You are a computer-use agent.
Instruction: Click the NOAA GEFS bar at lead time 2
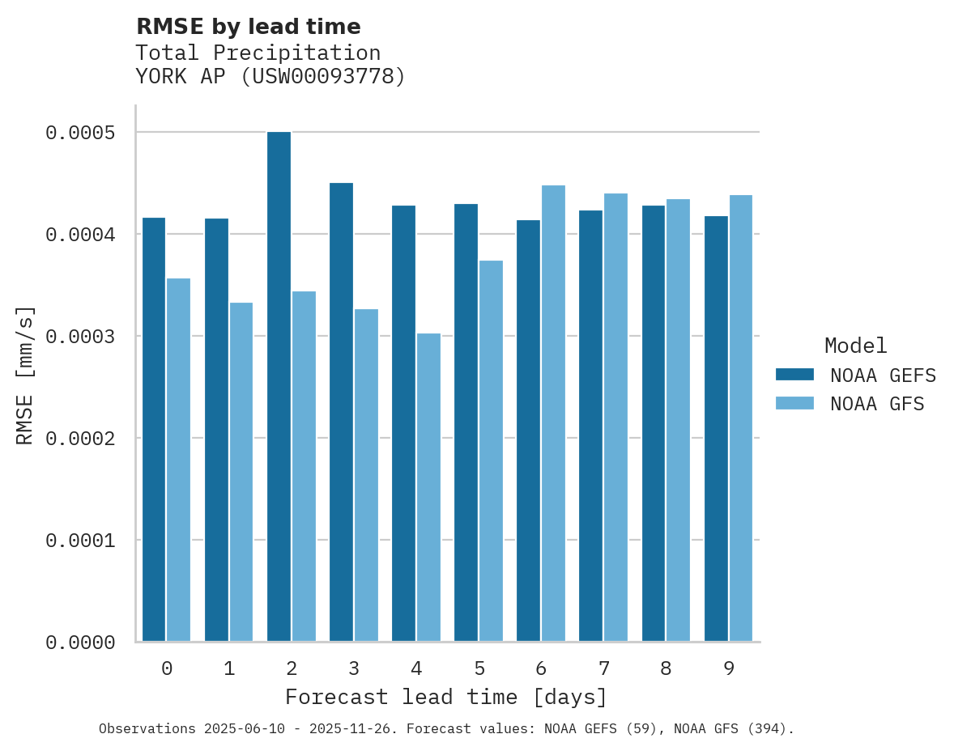pyautogui.click(x=279, y=387)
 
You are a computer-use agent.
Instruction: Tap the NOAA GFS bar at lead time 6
pyautogui.click(x=553, y=414)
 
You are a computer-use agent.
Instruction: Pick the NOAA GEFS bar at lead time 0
pyautogui.click(x=154, y=430)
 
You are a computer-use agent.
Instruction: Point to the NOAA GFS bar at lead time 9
pyautogui.click(x=740, y=418)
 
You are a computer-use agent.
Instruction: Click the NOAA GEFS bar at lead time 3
pyautogui.click(x=341, y=412)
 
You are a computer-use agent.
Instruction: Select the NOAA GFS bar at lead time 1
pyautogui.click(x=241, y=472)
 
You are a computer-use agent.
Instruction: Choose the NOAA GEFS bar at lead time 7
pyautogui.click(x=590, y=426)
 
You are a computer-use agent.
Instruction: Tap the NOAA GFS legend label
pyautogui.click(x=877, y=404)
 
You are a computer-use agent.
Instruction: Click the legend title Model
pyautogui.click(x=855, y=346)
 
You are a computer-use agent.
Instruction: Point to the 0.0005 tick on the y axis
pyautogui.click(x=91, y=133)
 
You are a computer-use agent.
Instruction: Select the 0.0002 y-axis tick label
pyautogui.click(x=91, y=439)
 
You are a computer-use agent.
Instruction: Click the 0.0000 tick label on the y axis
pyautogui.click(x=91, y=643)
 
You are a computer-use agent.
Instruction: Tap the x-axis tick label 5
pyautogui.click(x=479, y=668)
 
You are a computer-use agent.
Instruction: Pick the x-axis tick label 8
pyautogui.click(x=666, y=668)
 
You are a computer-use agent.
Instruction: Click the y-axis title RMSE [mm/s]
pyautogui.click(x=25, y=375)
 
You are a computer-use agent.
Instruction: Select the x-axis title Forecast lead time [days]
pyautogui.click(x=446, y=697)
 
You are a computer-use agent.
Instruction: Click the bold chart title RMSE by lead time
pyautogui.click(x=248, y=27)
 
